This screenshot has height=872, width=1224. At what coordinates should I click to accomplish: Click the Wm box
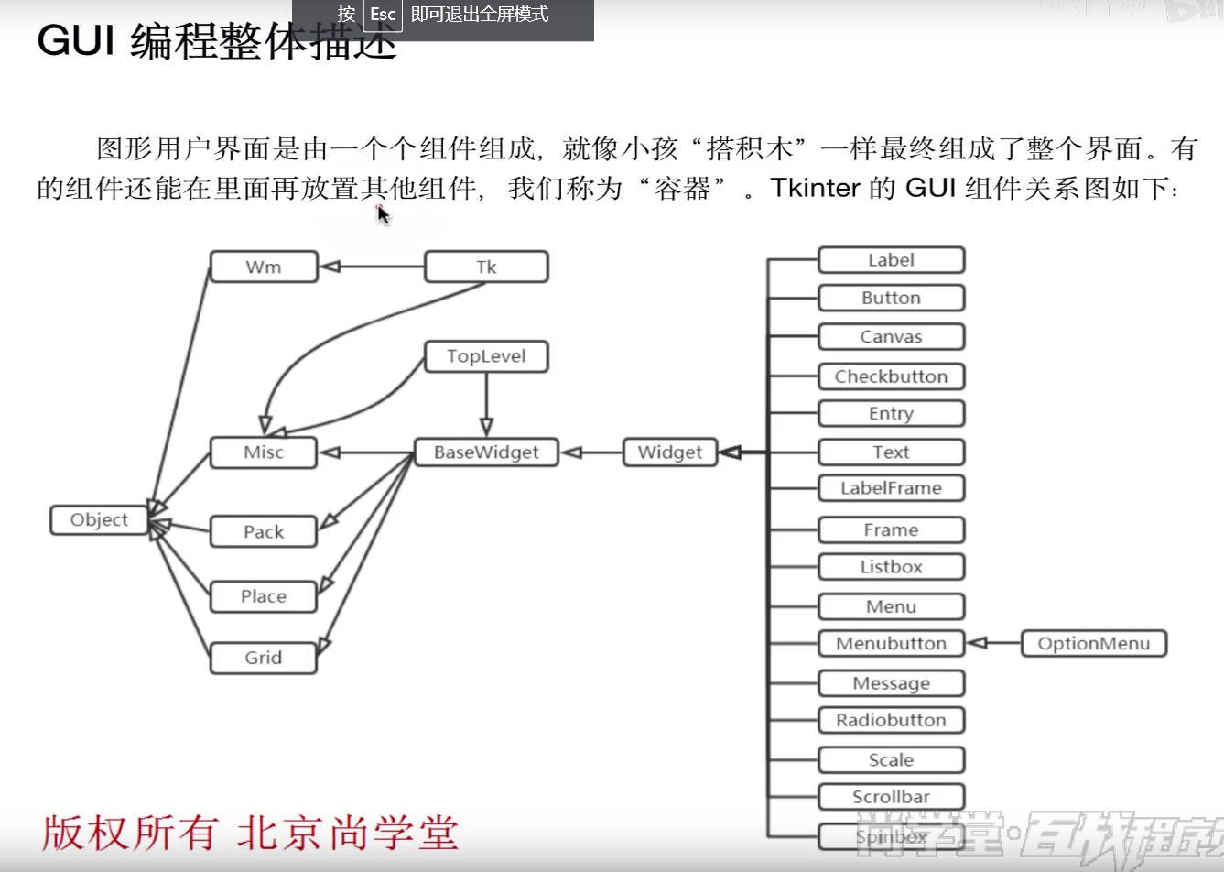click(264, 267)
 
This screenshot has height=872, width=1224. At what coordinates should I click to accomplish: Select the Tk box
click(486, 267)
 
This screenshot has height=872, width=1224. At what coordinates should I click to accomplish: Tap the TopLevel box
click(486, 356)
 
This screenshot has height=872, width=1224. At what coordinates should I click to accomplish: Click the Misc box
click(264, 452)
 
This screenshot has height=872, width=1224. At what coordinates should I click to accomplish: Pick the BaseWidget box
click(486, 452)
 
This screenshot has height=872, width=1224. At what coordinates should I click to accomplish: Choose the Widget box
click(669, 452)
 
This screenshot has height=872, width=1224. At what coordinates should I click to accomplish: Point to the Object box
click(99, 520)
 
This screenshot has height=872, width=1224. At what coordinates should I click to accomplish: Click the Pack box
click(264, 532)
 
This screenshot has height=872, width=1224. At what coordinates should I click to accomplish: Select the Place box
click(264, 597)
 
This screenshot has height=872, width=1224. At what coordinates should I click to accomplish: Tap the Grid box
click(264, 659)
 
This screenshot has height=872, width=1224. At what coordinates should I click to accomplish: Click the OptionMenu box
click(1093, 644)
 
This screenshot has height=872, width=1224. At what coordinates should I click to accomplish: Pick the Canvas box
click(891, 337)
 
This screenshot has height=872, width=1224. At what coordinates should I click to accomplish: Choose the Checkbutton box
click(891, 376)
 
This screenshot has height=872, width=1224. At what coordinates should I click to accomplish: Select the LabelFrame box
click(891, 488)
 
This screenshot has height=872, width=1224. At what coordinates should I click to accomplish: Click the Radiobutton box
click(891, 721)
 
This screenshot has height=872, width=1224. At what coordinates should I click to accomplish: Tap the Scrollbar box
click(891, 797)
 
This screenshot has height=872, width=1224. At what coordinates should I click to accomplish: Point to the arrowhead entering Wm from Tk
click(330, 267)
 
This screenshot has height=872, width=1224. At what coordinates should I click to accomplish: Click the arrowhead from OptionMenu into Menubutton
click(977, 644)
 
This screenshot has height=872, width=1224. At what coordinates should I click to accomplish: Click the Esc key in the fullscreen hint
click(383, 15)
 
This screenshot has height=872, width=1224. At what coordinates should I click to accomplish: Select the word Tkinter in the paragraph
click(815, 188)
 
